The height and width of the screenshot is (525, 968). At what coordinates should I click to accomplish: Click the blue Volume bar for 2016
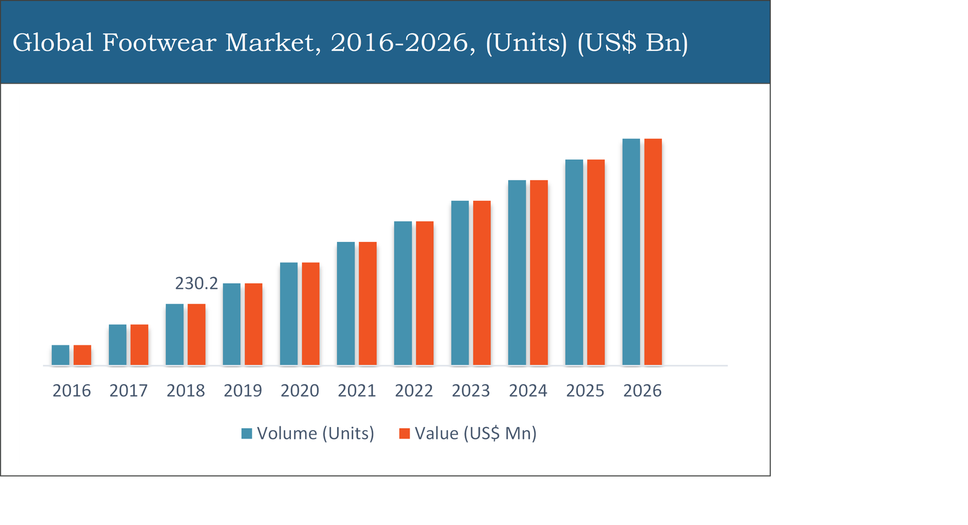(60, 355)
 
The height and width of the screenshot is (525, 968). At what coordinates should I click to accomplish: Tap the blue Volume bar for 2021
(346, 304)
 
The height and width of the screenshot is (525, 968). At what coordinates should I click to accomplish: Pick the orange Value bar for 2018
(197, 334)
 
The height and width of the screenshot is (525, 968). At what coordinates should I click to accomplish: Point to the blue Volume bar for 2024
(517, 273)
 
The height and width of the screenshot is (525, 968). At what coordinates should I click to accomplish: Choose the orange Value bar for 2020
(311, 314)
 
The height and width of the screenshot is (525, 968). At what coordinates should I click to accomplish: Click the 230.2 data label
(197, 283)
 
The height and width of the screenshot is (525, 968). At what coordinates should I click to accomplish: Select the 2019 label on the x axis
(243, 391)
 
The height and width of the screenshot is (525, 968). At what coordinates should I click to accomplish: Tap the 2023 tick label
(471, 391)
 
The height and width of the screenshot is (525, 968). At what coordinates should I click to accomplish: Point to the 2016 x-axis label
(71, 391)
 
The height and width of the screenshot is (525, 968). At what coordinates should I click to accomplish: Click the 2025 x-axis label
(585, 391)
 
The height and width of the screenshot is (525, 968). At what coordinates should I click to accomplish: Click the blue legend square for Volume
(247, 434)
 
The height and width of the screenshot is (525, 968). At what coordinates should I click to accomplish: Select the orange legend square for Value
(405, 434)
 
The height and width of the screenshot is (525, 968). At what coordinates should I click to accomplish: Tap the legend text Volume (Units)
(315, 434)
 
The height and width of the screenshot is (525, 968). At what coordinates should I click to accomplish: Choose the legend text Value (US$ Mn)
(476, 434)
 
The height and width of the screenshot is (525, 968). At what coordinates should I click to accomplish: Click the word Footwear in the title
(159, 43)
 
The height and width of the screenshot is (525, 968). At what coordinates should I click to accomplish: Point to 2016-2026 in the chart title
(402, 43)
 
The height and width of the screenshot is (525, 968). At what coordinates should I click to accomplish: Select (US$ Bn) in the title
(632, 43)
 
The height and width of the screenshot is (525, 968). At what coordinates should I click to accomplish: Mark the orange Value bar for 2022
(425, 293)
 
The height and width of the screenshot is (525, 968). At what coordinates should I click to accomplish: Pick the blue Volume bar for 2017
(117, 345)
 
